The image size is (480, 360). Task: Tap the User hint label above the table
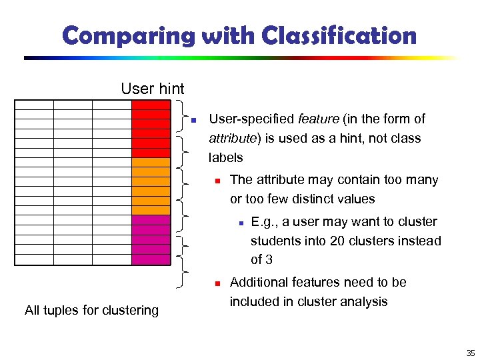coord(153,88)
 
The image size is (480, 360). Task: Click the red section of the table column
coord(151,129)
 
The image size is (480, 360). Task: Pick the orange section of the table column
coord(151,186)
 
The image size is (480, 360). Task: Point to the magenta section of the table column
coord(151,240)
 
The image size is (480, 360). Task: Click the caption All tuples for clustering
coord(91,310)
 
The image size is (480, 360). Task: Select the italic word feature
coord(318,119)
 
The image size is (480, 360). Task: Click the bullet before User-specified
coord(193,121)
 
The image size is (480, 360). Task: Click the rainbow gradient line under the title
coord(240,58)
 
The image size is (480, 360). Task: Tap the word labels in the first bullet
coord(226,158)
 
